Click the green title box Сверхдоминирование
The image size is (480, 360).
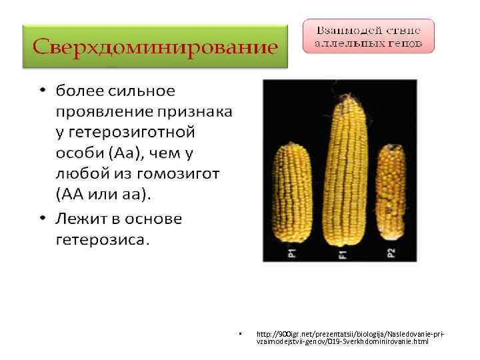[155, 47]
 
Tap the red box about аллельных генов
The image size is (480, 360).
[368, 37]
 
